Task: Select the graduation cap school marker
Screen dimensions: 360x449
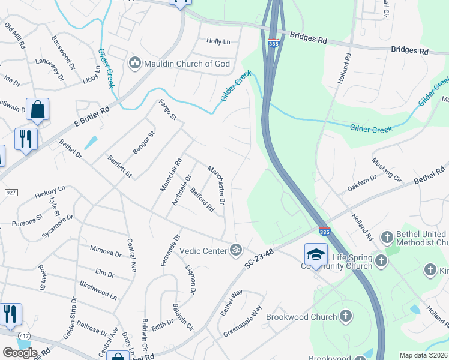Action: coord(316,254)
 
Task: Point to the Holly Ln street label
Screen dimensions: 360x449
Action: coord(218,41)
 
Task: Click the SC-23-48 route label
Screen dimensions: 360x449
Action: coord(259,258)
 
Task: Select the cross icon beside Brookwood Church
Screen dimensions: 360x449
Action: coord(345,316)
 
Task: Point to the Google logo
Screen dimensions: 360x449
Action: coord(20,352)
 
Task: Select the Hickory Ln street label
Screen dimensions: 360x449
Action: coord(50,193)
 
